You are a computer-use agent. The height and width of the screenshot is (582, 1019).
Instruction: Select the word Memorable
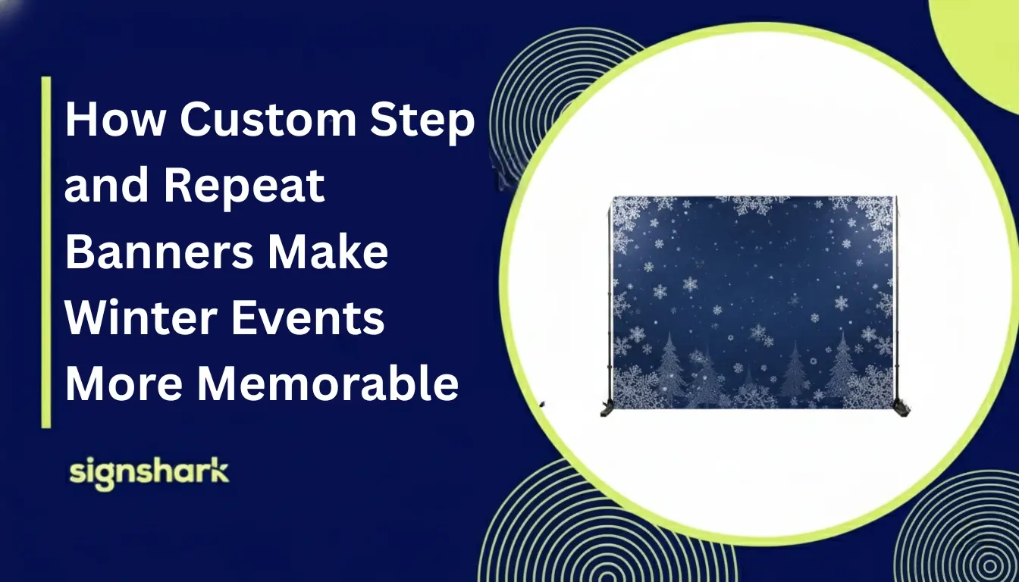click(328, 383)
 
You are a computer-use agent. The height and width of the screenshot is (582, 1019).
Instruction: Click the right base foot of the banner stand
click(901, 408)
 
